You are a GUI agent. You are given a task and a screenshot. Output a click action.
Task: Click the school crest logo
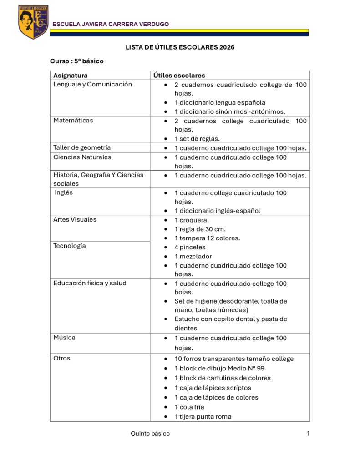(33, 22)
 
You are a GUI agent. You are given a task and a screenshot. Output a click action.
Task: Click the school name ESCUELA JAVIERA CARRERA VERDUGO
(111, 24)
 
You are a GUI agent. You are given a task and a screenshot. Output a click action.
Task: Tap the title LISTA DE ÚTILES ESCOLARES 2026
(180, 47)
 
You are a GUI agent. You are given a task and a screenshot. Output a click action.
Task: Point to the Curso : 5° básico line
(77, 61)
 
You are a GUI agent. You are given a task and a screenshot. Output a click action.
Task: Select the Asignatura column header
(71, 76)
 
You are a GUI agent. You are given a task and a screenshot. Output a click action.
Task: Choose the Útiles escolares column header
(179, 76)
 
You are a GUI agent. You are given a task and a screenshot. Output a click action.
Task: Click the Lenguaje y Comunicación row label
(92, 84)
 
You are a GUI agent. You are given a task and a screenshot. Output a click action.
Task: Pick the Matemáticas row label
(73, 121)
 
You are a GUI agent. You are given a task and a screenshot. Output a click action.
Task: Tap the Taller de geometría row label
(82, 147)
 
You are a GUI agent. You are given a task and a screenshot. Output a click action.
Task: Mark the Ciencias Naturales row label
(82, 157)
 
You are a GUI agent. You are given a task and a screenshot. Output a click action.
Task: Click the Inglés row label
(64, 192)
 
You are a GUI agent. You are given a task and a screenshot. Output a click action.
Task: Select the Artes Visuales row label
(75, 219)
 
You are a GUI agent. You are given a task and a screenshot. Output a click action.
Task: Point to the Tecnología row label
(70, 246)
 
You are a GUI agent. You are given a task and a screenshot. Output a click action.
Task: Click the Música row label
(64, 338)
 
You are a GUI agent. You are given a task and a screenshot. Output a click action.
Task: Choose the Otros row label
(62, 358)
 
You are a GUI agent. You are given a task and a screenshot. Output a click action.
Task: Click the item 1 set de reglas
(197, 139)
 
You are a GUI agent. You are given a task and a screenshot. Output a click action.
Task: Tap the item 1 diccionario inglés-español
(218, 211)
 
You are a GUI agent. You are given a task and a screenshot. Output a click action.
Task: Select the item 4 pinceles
(190, 247)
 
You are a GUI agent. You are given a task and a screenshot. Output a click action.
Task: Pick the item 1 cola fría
(189, 407)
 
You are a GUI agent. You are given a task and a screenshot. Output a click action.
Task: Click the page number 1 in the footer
(308, 434)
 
